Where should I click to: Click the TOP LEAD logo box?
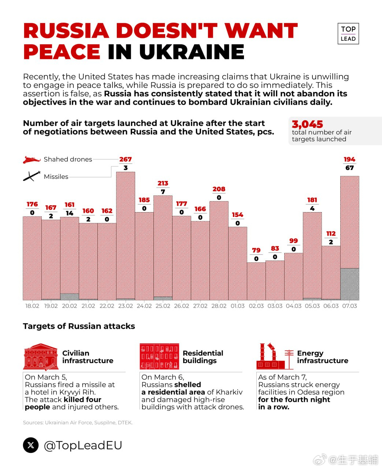click(x=348, y=34)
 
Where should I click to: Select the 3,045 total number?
click(x=307, y=124)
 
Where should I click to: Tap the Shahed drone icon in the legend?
click(x=31, y=160)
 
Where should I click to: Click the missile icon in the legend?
click(x=31, y=176)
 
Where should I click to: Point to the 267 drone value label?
click(x=125, y=159)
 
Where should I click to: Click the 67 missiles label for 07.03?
click(x=349, y=168)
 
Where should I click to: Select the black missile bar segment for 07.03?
click(x=349, y=284)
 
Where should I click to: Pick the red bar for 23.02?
click(x=126, y=234)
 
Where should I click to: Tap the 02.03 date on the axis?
click(x=256, y=306)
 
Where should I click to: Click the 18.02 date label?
click(x=32, y=306)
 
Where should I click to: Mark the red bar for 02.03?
click(x=256, y=281)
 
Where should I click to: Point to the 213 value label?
click(x=163, y=183)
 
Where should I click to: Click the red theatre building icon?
click(x=41, y=357)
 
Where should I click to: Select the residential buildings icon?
click(x=159, y=356)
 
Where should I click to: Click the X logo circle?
click(x=31, y=445)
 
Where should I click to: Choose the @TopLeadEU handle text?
click(x=83, y=445)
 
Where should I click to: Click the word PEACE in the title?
click(x=62, y=52)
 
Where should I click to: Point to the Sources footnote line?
click(x=78, y=422)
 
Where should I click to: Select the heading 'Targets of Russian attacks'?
click(x=79, y=326)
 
